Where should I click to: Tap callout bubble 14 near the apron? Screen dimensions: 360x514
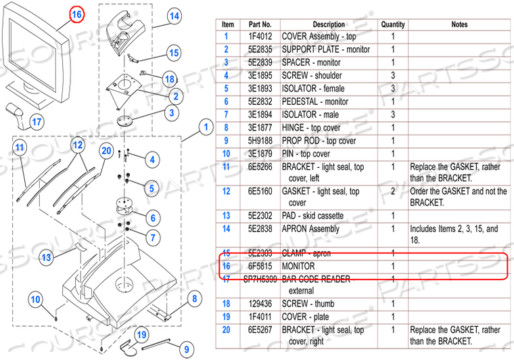[174, 16]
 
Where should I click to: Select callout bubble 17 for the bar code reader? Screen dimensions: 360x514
[37, 122]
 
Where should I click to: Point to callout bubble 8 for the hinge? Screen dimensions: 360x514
[194, 298]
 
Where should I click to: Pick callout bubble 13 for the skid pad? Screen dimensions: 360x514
[45, 257]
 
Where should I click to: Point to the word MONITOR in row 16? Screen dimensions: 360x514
[298, 266]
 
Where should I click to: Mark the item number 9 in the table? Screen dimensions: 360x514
[227, 141]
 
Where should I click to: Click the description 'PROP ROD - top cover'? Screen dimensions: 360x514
[319, 141]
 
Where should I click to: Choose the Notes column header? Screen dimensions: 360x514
[459, 24]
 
